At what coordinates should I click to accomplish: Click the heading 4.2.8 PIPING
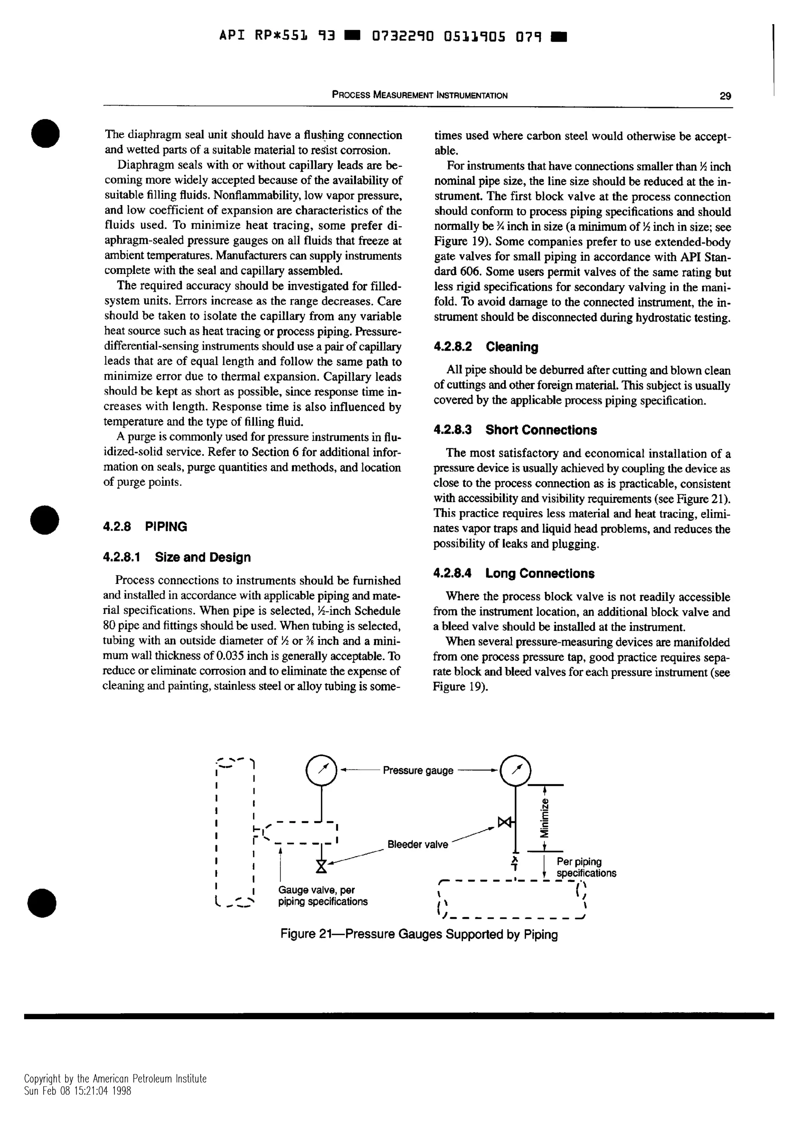point(145,527)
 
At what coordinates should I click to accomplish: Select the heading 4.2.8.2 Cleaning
point(486,347)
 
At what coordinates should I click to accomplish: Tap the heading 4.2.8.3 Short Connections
point(515,430)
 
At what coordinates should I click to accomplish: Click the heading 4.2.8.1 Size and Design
point(177,557)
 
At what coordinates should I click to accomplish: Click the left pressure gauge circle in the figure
point(321,770)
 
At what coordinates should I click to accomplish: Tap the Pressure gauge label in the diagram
point(418,771)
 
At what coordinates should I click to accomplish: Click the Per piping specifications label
point(586,868)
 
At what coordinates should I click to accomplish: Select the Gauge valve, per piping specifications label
point(323,896)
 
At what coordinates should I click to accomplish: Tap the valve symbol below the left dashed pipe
point(321,866)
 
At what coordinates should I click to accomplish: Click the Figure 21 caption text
point(419,934)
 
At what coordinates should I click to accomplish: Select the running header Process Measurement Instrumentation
point(419,95)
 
